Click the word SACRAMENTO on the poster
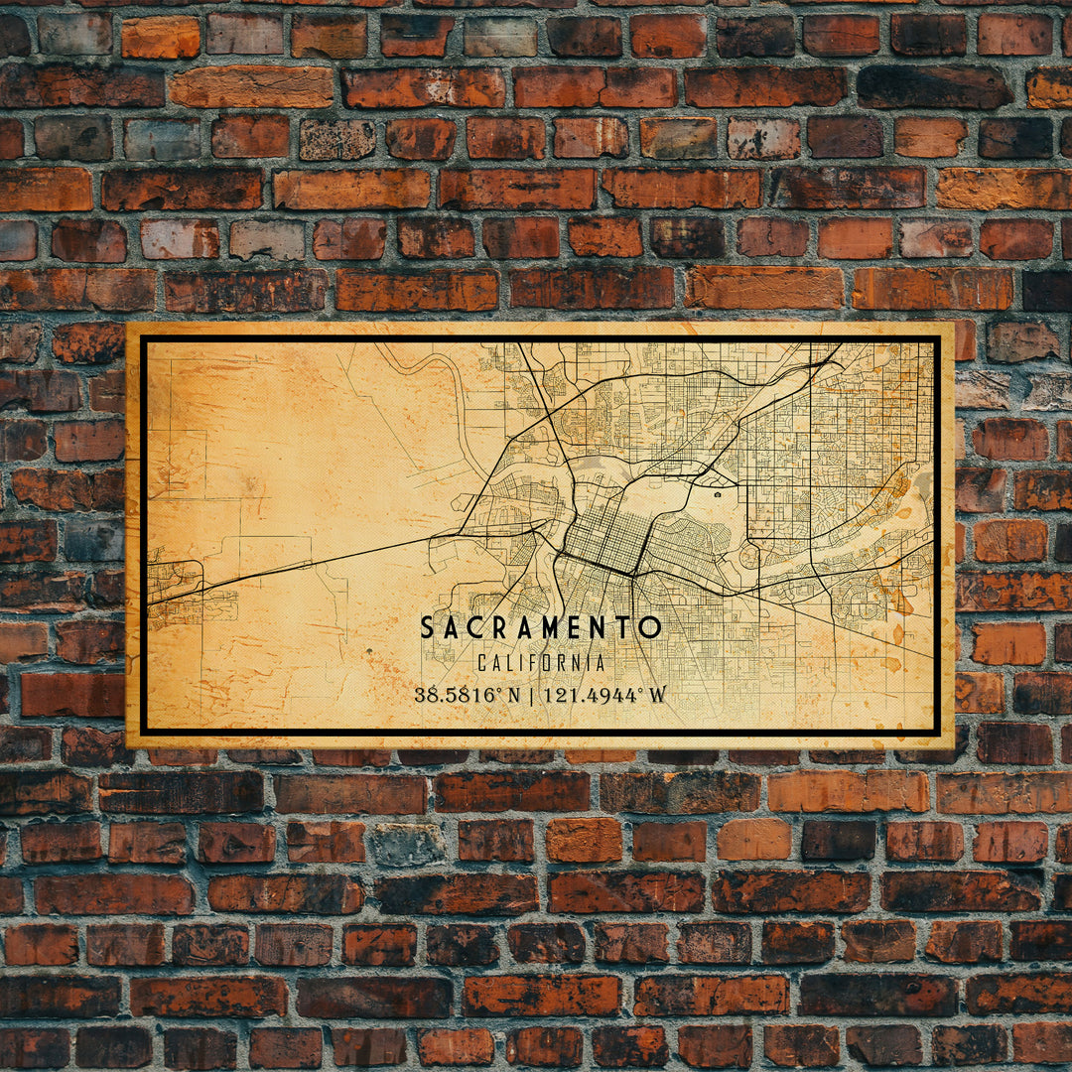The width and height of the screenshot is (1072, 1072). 540,627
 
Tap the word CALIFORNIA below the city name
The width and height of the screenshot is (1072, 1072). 540,663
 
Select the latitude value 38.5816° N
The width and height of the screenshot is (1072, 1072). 467,695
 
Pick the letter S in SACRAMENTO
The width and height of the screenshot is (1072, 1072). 427,627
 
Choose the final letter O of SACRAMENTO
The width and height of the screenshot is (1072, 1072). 650,627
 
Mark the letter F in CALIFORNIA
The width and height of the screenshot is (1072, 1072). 531,663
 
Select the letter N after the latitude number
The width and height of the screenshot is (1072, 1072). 513,695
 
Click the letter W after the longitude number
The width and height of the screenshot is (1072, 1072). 657,695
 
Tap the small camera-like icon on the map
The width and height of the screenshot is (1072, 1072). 717,491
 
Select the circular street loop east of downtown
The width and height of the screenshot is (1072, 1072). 748,556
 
